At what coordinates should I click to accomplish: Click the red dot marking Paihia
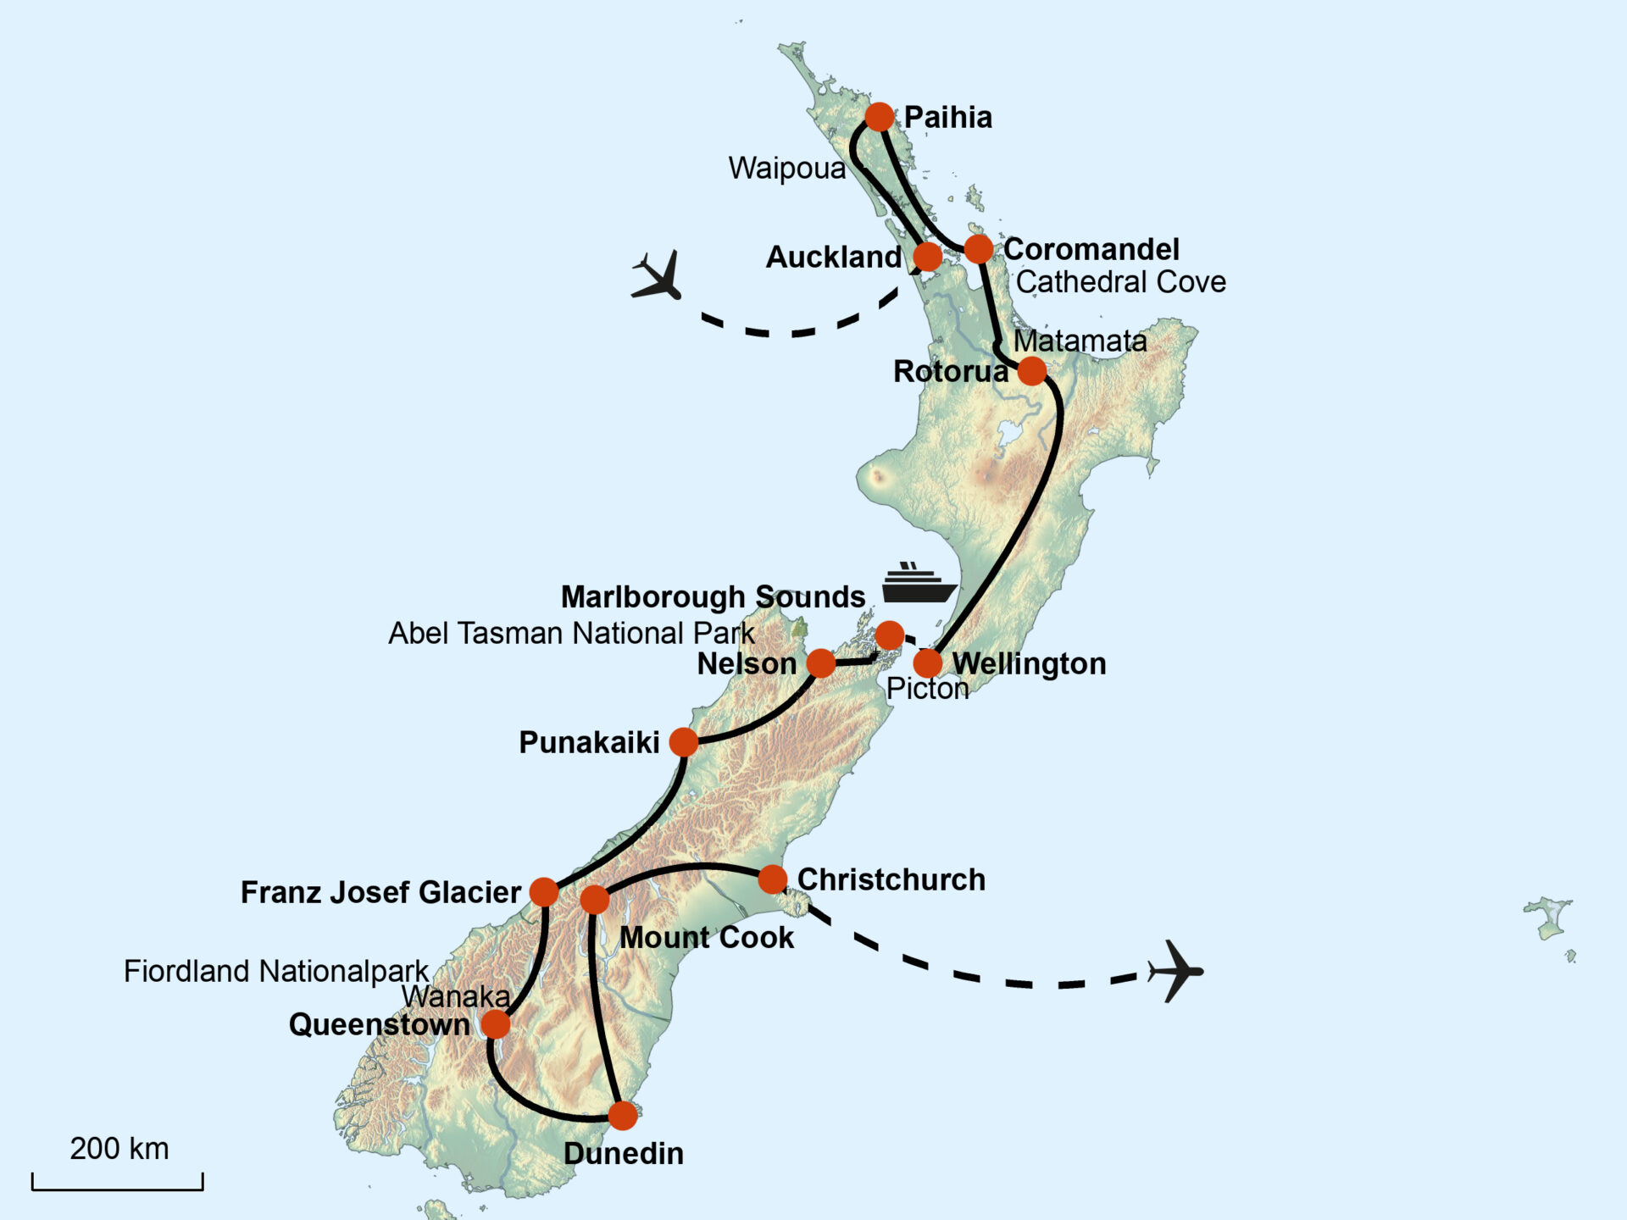[x=880, y=116]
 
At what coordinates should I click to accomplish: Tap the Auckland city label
[x=834, y=257]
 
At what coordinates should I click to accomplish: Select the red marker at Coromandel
[x=979, y=249]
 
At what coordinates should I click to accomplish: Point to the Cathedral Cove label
[x=1120, y=282]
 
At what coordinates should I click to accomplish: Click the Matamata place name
[x=1080, y=341]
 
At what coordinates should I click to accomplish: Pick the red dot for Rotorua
[x=1031, y=371]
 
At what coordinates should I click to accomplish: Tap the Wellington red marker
[x=928, y=663]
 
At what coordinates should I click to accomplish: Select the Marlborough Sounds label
[x=713, y=597]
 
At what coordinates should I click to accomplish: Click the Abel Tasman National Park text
[x=570, y=634]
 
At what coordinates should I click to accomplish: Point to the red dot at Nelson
[x=821, y=663]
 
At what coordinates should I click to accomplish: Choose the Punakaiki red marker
[x=684, y=742]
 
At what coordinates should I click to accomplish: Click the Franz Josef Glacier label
[x=380, y=892]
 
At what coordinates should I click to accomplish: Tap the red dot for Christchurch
[x=772, y=879]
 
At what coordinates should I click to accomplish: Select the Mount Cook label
[x=707, y=938]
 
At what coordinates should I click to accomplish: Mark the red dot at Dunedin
[x=623, y=1116]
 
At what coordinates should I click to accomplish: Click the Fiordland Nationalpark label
[x=276, y=972]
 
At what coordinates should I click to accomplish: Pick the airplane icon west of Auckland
[x=658, y=275]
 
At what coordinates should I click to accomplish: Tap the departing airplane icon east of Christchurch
[x=1175, y=971]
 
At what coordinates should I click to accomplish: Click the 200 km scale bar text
[x=119, y=1149]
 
